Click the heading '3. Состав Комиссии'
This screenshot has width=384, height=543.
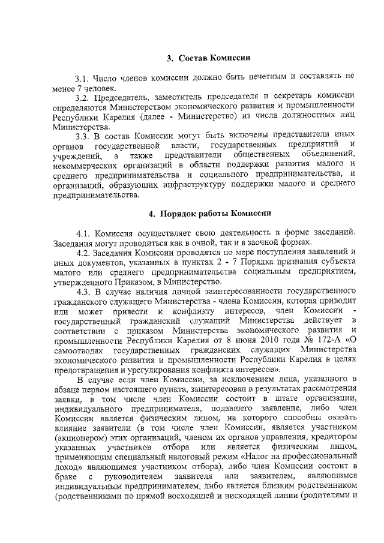click(208, 58)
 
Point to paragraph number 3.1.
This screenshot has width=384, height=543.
click(83, 78)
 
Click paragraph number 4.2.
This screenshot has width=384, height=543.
click(84, 253)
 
